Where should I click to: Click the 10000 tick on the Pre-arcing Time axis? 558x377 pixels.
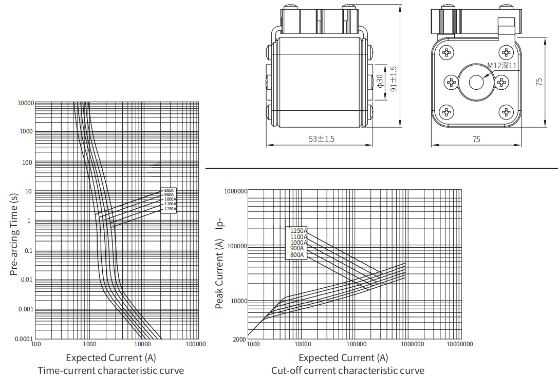click(25, 103)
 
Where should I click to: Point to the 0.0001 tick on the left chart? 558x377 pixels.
click(24, 339)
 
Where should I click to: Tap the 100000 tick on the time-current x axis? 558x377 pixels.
click(195, 344)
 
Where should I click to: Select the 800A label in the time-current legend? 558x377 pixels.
click(169, 191)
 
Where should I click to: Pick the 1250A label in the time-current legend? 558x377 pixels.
click(170, 209)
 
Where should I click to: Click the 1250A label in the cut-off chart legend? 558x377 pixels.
click(298, 231)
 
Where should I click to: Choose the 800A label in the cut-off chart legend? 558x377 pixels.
click(297, 255)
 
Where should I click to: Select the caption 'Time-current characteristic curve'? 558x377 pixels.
click(110, 370)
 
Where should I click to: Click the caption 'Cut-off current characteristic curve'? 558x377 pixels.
click(348, 370)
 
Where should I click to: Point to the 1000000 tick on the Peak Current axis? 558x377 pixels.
click(236, 191)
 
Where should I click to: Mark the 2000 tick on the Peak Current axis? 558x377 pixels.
click(240, 340)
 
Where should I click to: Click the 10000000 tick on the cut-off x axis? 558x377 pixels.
click(459, 344)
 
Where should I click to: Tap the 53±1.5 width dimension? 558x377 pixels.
click(321, 139)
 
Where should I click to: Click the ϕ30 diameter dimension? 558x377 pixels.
click(380, 81)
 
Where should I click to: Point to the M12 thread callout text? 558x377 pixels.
click(501, 65)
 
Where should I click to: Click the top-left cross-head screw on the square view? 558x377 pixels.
click(447, 52)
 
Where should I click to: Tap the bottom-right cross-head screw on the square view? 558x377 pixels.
click(506, 112)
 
